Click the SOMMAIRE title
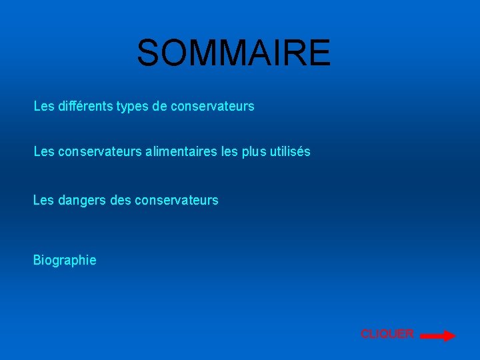[x=233, y=53]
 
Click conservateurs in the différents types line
[x=213, y=106]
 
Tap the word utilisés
[x=290, y=152]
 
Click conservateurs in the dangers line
[x=177, y=200]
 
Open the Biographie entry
[x=65, y=260]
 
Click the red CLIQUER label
[x=387, y=333]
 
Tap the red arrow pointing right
[x=438, y=337]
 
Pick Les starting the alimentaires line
[x=44, y=152]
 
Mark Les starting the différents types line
[x=44, y=106]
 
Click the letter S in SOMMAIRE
[x=148, y=53]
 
